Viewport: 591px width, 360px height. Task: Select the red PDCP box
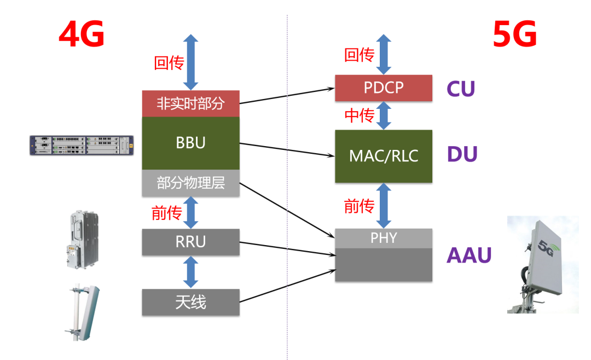383,88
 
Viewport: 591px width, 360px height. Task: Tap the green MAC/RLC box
383,156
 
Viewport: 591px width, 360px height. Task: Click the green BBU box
190,143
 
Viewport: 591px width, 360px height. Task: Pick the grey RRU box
190,242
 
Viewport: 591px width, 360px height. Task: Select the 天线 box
190,302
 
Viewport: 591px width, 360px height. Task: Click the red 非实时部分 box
190,103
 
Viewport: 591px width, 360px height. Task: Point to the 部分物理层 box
190,183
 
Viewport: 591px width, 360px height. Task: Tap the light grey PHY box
383,238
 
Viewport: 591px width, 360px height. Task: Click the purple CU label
461,89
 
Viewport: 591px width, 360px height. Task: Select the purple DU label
462,154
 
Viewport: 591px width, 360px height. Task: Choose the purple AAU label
469,256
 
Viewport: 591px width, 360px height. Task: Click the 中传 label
360,115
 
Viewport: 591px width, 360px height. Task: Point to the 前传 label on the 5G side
360,206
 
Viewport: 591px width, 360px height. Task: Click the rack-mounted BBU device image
82,145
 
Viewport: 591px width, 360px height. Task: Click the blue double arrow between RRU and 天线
190,272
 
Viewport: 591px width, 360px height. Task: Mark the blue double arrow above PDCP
383,54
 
